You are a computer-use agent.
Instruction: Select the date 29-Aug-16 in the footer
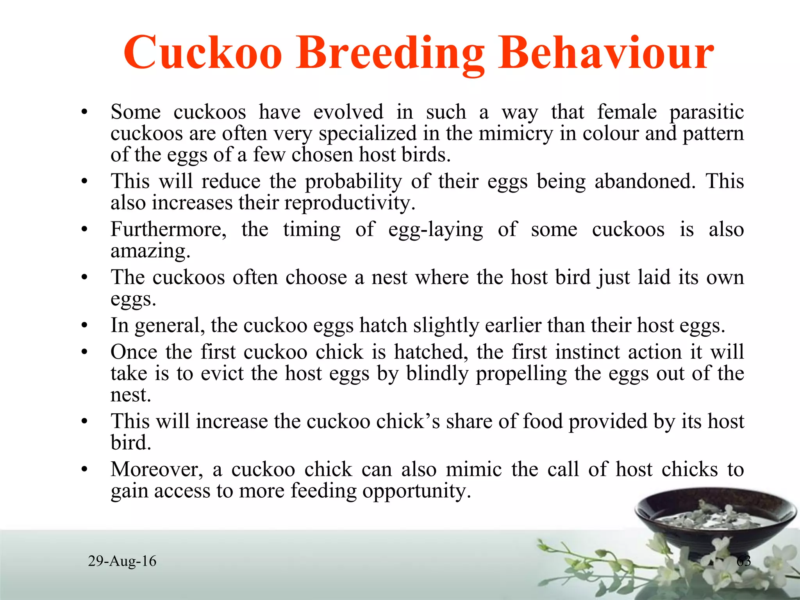click(x=122, y=561)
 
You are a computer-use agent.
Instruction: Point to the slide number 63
click(x=743, y=561)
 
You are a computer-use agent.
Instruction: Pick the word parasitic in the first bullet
click(x=706, y=112)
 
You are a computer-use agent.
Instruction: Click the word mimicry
click(x=516, y=134)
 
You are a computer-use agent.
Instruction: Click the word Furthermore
click(x=168, y=229)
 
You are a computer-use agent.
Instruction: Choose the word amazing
click(x=150, y=251)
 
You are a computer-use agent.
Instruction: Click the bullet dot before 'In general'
click(x=84, y=326)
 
